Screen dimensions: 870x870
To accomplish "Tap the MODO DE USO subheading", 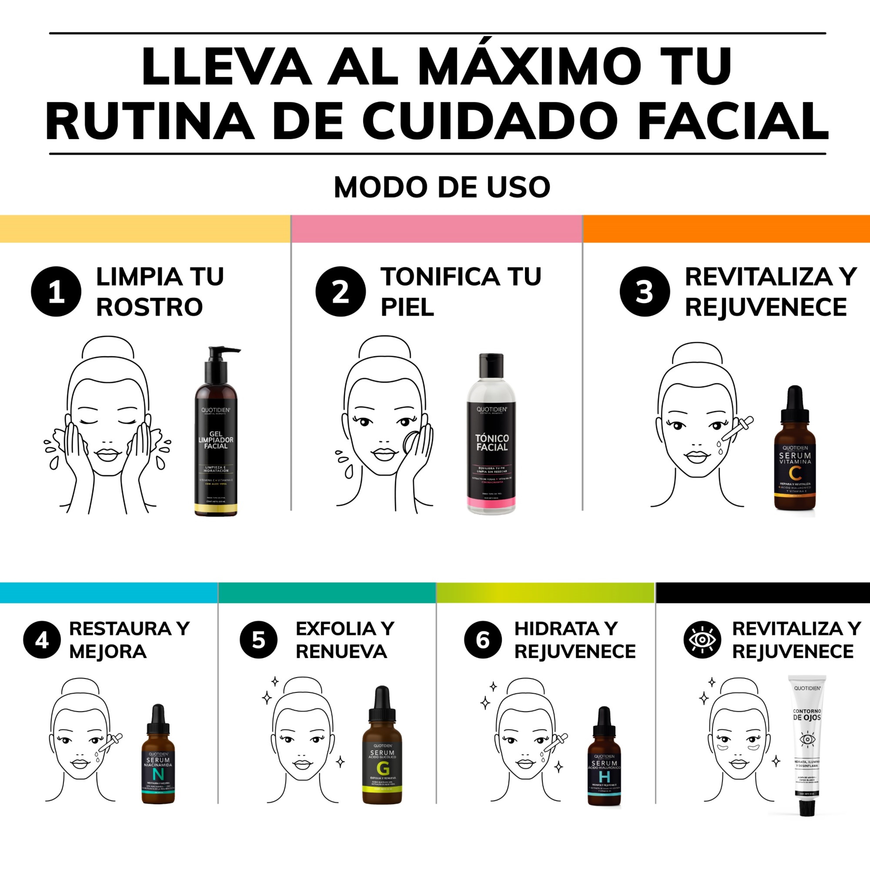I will (x=442, y=187).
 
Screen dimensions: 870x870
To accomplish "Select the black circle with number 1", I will (x=56, y=292).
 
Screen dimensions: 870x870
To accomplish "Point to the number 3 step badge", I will (x=644, y=292).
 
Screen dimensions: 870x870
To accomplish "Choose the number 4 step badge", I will (x=41, y=640).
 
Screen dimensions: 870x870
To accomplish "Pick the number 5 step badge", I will (x=258, y=640).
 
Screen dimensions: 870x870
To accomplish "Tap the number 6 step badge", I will (x=483, y=640).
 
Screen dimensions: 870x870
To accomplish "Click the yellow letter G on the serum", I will (x=382, y=769).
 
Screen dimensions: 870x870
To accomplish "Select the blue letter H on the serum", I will (x=604, y=777).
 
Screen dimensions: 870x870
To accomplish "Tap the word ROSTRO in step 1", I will (x=150, y=308).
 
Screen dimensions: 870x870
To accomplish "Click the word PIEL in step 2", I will (x=407, y=308).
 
